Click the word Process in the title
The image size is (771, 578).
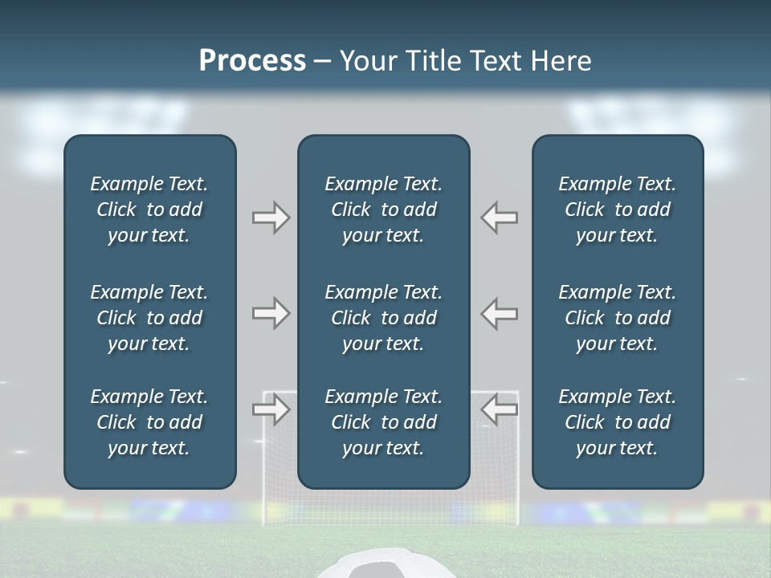pyautogui.click(x=252, y=61)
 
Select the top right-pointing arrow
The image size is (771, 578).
pyautogui.click(x=271, y=217)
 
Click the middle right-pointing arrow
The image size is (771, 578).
pyautogui.click(x=271, y=313)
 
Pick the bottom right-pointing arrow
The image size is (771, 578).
pyautogui.click(x=271, y=409)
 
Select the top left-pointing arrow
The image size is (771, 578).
pyautogui.click(x=500, y=217)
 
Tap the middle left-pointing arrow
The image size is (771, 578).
pyautogui.click(x=500, y=313)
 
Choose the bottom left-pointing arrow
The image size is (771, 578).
pyautogui.click(x=500, y=409)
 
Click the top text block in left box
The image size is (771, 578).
pyautogui.click(x=149, y=210)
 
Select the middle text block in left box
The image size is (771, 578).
pyautogui.click(x=149, y=318)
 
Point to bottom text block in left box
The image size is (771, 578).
pyautogui.click(x=149, y=422)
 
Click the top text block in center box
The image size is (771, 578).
pyautogui.click(x=384, y=210)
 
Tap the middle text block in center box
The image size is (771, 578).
pyautogui.click(x=384, y=318)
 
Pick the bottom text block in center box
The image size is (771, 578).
pyautogui.click(x=384, y=422)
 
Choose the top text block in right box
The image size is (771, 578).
pyautogui.click(x=618, y=210)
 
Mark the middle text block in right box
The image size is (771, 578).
pyautogui.click(x=618, y=318)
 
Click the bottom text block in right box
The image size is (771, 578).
pyautogui.click(x=618, y=422)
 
